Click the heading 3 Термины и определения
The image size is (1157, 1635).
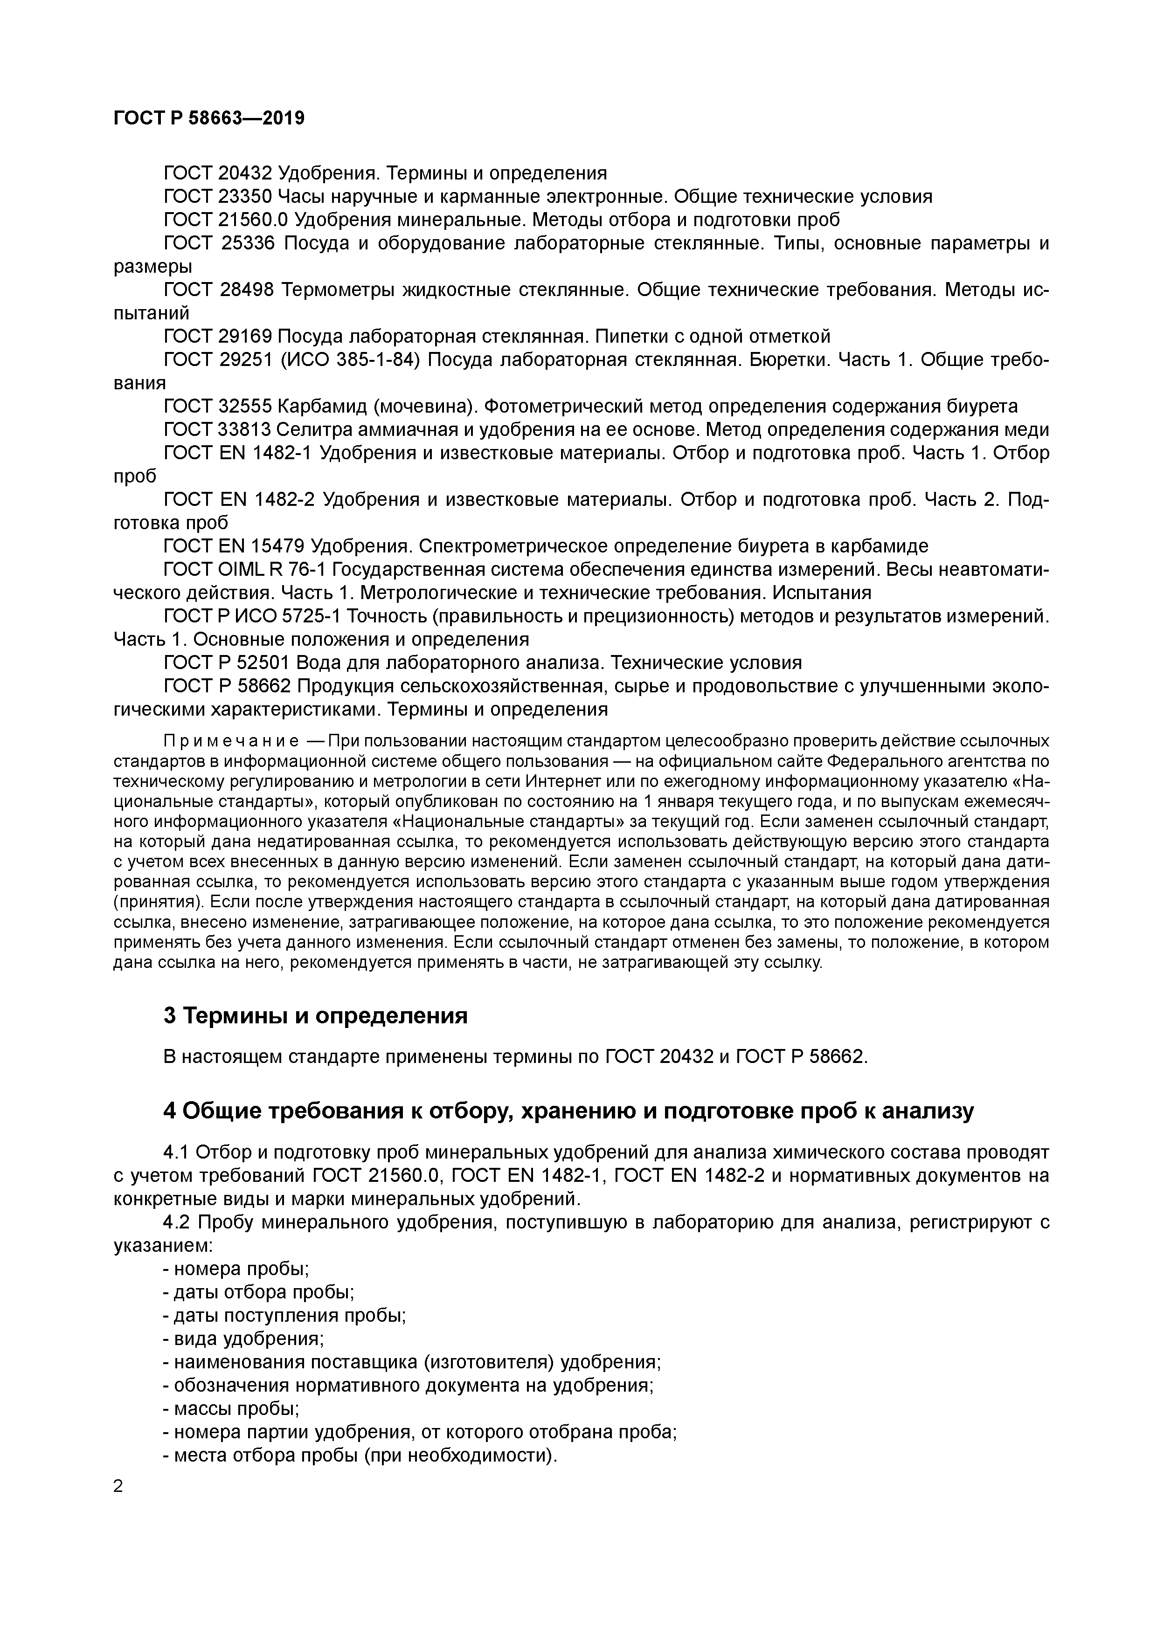[316, 1015]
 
